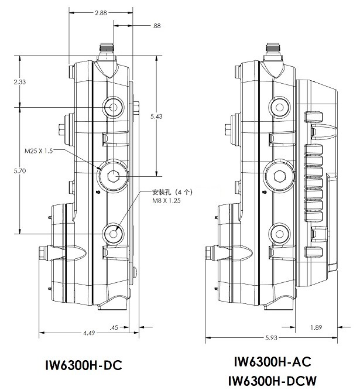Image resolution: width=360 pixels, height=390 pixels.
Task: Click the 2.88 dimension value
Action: tap(101, 13)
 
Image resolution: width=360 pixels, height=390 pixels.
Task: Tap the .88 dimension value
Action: tap(156, 26)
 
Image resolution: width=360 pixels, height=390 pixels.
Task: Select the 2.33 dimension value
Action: tap(20, 82)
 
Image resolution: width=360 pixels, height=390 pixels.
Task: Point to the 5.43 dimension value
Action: tap(156, 117)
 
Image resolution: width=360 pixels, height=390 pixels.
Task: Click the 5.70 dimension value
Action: tap(20, 171)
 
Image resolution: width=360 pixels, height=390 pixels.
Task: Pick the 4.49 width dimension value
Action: tap(89, 333)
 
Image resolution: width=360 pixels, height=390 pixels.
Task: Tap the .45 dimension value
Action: tap(114, 327)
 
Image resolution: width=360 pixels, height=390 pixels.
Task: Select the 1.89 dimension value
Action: tap(316, 327)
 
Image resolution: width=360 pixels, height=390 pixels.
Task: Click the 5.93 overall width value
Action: tap(271, 338)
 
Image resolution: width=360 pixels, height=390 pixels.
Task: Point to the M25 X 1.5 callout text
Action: tap(39, 151)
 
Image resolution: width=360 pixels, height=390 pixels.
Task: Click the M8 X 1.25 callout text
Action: tap(166, 200)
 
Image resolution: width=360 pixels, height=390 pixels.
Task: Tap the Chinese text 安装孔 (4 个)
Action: tap(172, 192)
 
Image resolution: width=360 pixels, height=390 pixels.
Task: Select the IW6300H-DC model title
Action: tap(84, 365)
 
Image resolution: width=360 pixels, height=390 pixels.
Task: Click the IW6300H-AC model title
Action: tap(272, 361)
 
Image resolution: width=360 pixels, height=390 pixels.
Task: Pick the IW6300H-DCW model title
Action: tap(272, 381)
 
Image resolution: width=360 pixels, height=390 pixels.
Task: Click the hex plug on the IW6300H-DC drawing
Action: tap(114, 176)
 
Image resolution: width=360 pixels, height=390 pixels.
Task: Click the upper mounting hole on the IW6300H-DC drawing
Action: tap(114, 107)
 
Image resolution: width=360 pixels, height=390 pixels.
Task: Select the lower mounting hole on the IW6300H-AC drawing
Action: tap(280, 234)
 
